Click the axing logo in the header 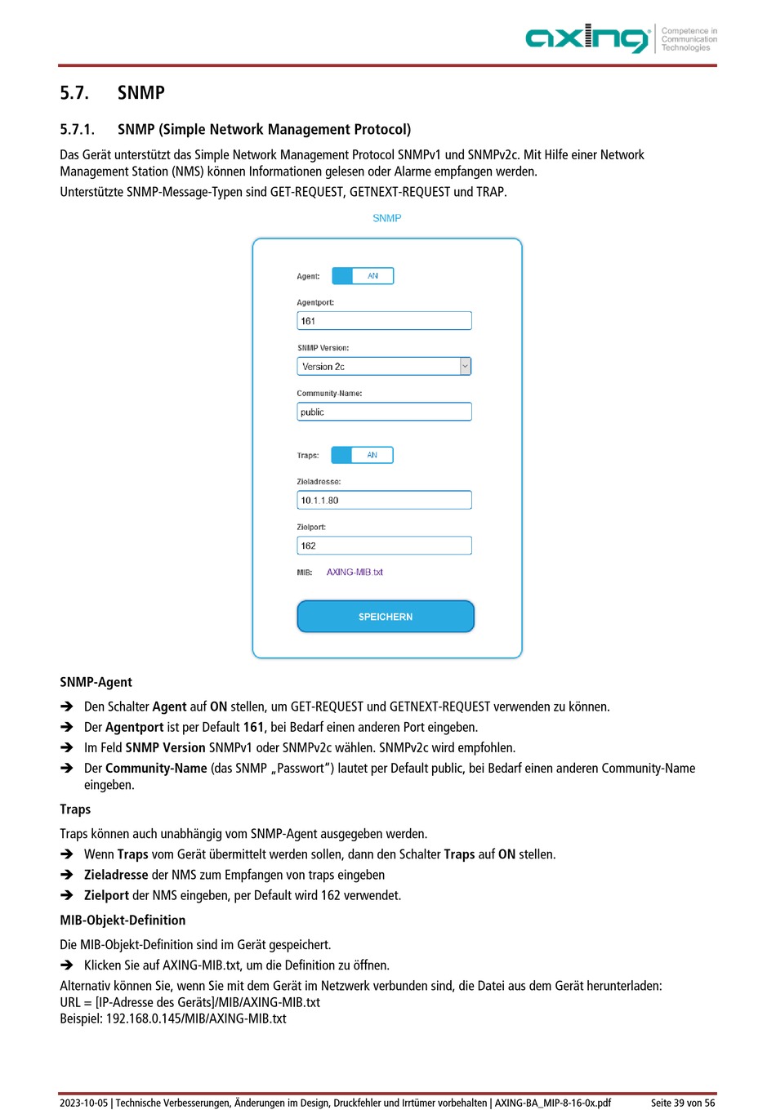(586, 38)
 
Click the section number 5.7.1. (77, 129)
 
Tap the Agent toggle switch (363, 276)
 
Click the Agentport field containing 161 (384, 321)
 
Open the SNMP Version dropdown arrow (465, 367)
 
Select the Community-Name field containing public (384, 412)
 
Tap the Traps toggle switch (362, 455)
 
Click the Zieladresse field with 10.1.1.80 (384, 500)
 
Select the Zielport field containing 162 (384, 546)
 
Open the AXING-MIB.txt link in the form (355, 573)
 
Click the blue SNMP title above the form (386, 218)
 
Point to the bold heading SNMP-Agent (96, 682)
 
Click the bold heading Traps (75, 809)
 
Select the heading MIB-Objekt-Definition (123, 921)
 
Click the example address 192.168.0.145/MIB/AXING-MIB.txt (196, 1019)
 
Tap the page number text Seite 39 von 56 (682, 1103)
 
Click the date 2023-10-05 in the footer (83, 1103)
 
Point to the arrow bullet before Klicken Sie (67, 965)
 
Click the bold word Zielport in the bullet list (106, 896)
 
